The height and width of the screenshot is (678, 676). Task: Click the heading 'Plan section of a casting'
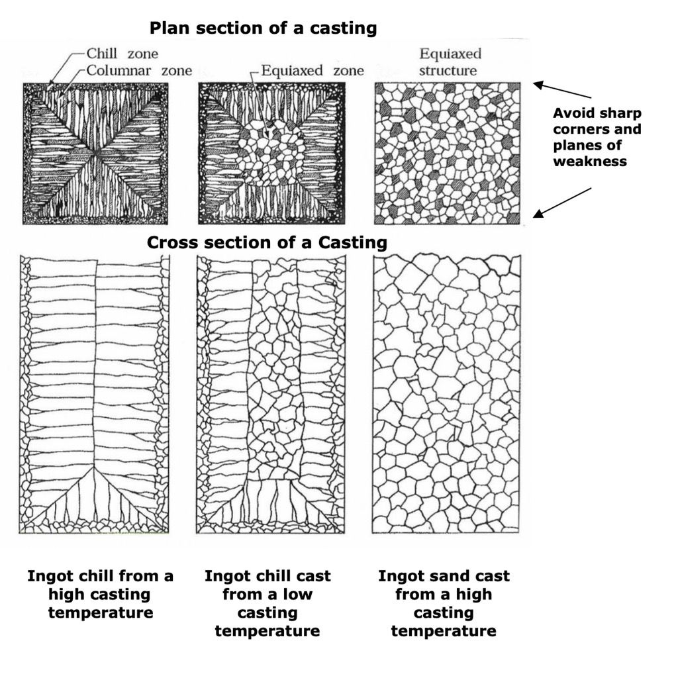(263, 28)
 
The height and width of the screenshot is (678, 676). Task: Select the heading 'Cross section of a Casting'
(267, 242)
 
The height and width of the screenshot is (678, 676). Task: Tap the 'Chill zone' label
(122, 54)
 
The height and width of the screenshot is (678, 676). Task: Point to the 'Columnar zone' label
(139, 70)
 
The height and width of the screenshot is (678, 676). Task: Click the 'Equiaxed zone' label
(312, 70)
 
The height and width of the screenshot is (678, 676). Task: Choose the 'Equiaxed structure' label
(450, 62)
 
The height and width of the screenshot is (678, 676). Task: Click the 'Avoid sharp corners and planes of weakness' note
(597, 137)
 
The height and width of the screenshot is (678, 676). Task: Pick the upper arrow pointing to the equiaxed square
(562, 91)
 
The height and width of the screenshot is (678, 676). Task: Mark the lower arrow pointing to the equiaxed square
(562, 201)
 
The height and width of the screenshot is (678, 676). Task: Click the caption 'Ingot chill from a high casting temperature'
(100, 594)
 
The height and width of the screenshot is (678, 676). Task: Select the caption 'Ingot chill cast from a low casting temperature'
(267, 603)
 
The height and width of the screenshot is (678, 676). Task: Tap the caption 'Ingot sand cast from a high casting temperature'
(444, 603)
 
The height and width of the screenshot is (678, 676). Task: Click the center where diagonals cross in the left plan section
(96, 154)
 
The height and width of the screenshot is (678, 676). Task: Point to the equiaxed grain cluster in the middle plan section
(271, 153)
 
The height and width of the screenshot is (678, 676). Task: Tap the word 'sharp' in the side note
(623, 113)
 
